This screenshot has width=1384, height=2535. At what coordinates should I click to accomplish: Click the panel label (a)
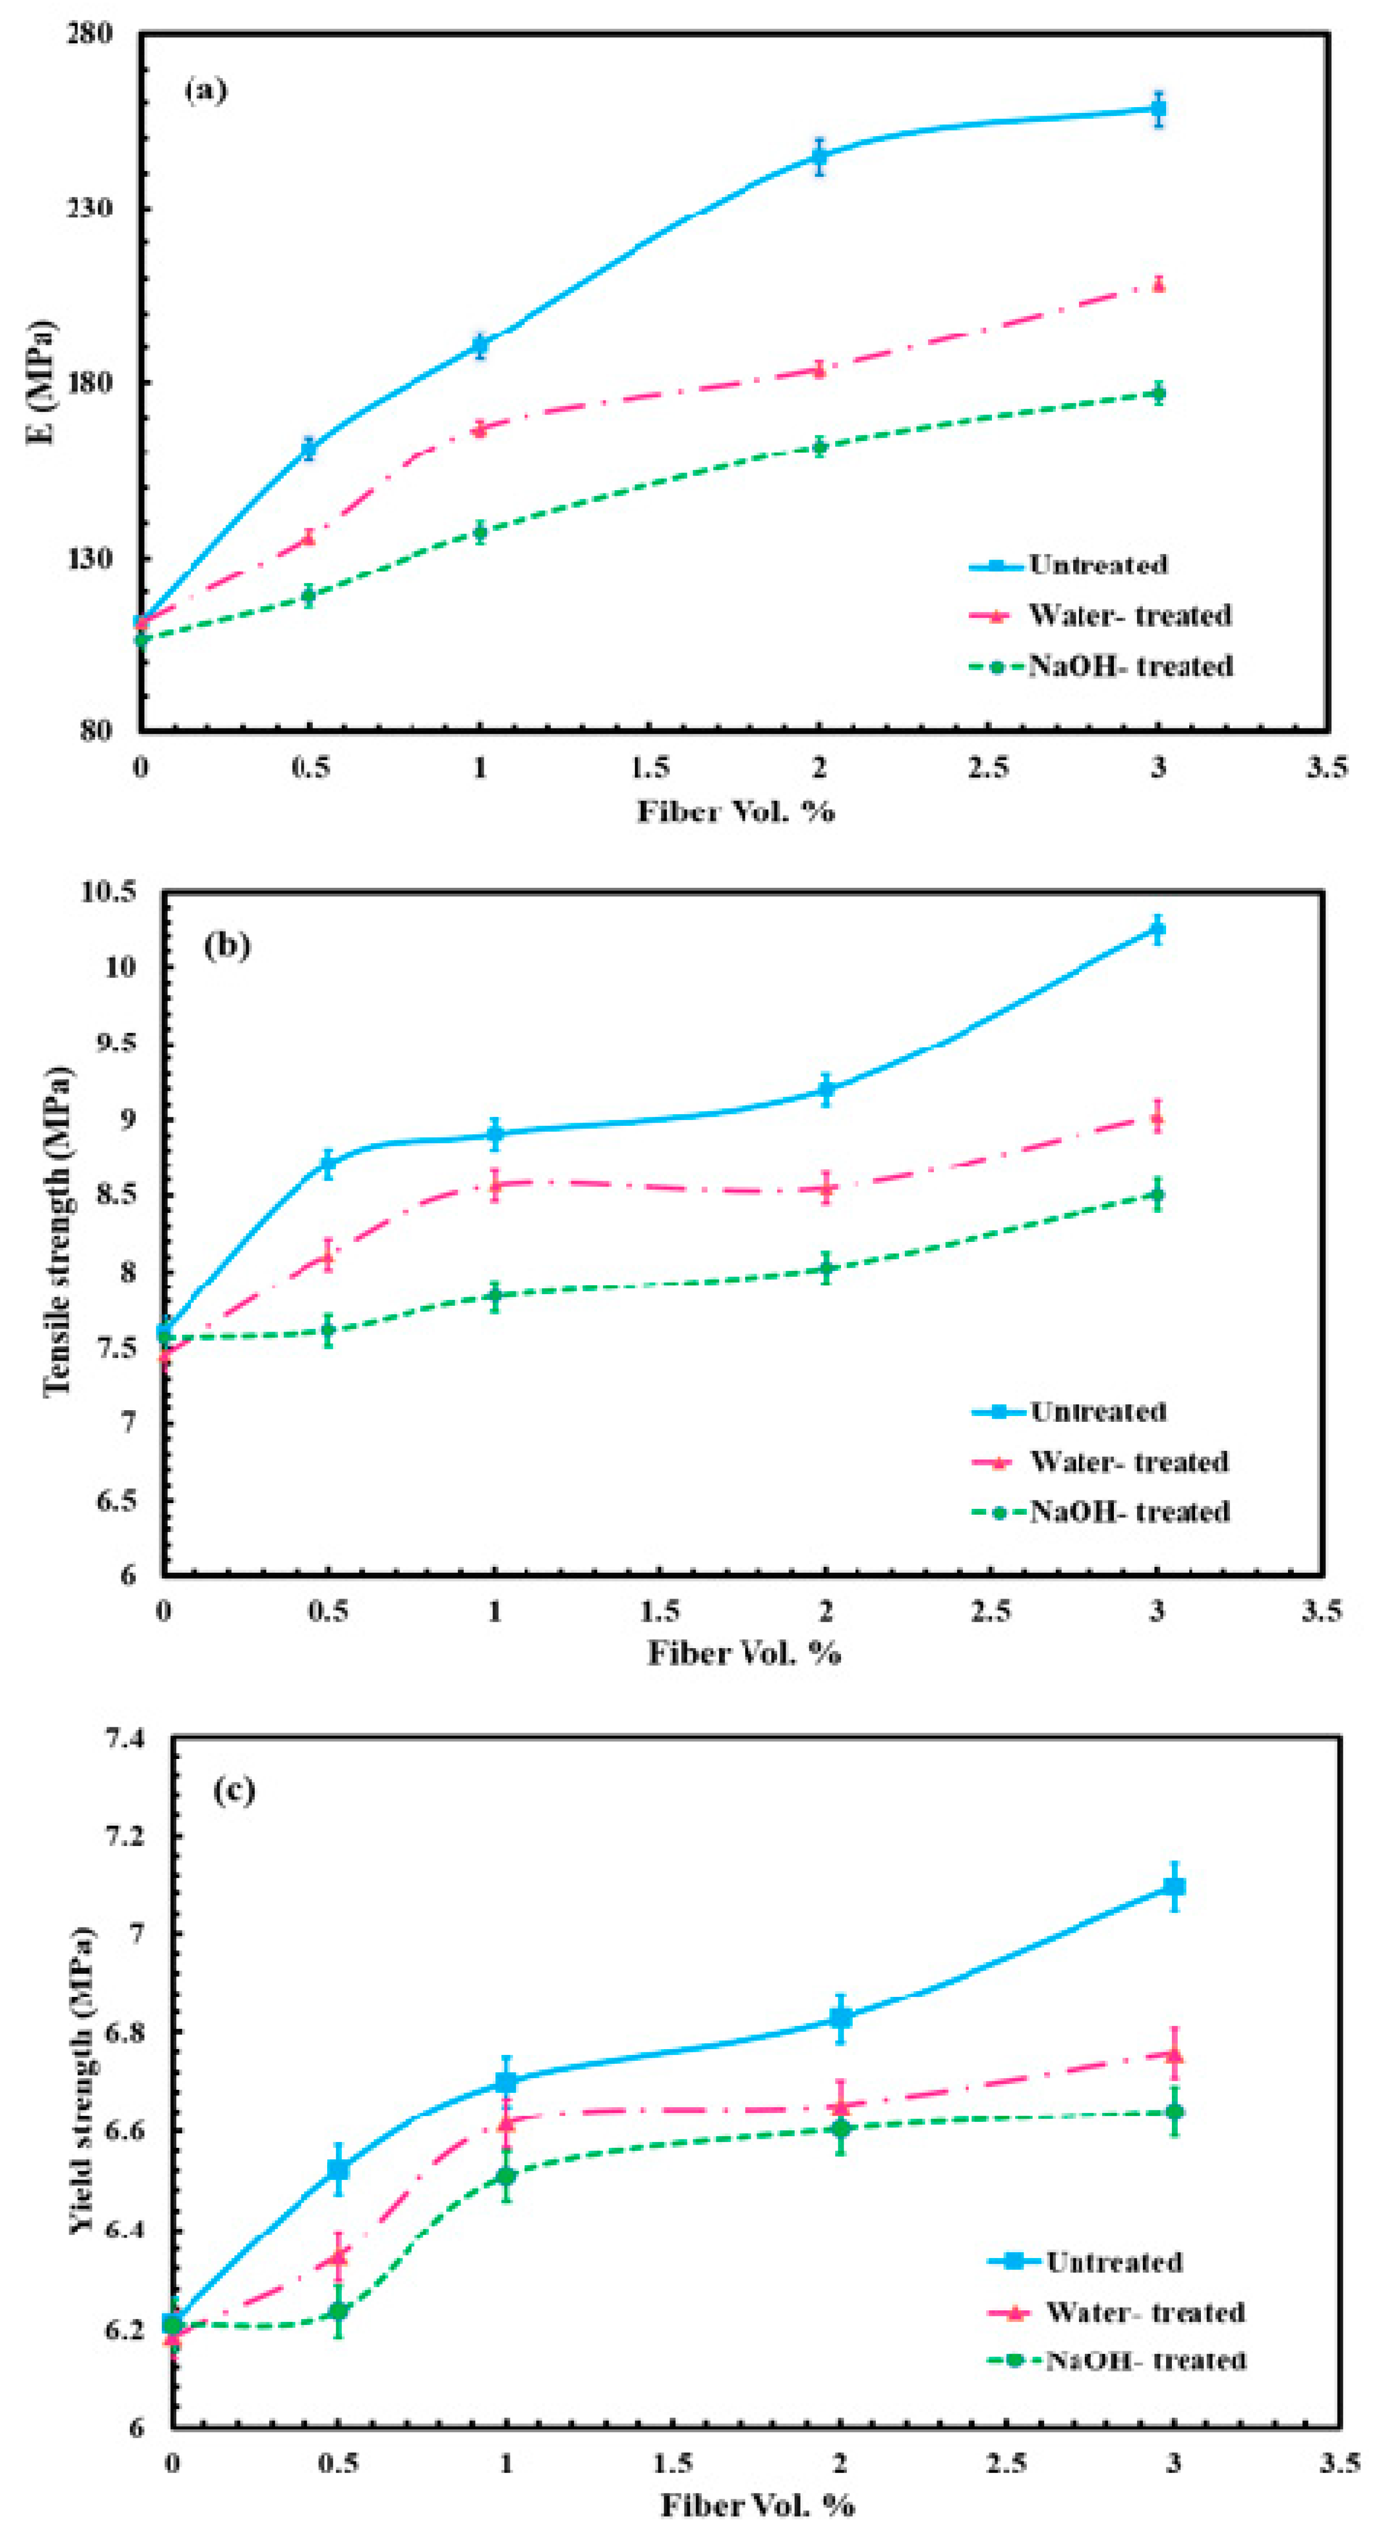pos(206,91)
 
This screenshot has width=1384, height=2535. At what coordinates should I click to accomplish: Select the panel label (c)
pos(234,1789)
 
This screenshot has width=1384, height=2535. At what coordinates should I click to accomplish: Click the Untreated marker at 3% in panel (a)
pos(1159,109)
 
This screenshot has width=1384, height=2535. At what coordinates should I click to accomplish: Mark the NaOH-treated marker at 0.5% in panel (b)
pos(328,1331)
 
